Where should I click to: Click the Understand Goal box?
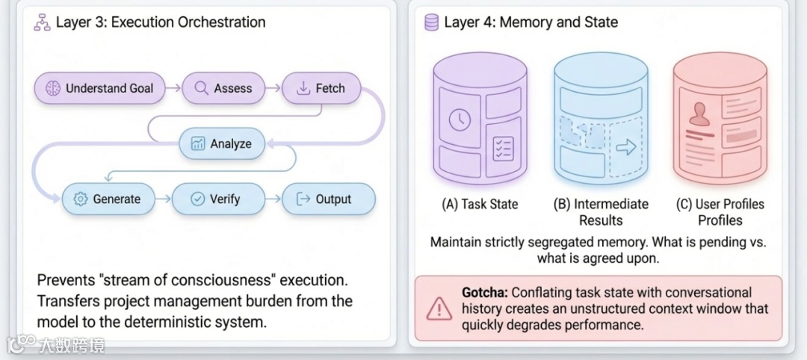coord(99,88)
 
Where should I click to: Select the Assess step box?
coord(223,88)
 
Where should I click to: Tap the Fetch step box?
coord(321,88)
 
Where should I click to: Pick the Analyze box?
coord(222,143)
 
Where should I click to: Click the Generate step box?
coord(107,199)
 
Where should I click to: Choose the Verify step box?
coord(217,199)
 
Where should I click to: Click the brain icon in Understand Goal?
coord(52,88)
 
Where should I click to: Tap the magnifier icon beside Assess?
coord(201,88)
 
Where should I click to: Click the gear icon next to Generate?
coord(81,199)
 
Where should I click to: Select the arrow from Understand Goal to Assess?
coord(172,88)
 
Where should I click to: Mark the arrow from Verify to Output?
coord(272,199)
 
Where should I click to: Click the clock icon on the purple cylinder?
coord(459,119)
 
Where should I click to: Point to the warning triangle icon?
coord(439,308)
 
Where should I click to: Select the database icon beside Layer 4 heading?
coord(432,22)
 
